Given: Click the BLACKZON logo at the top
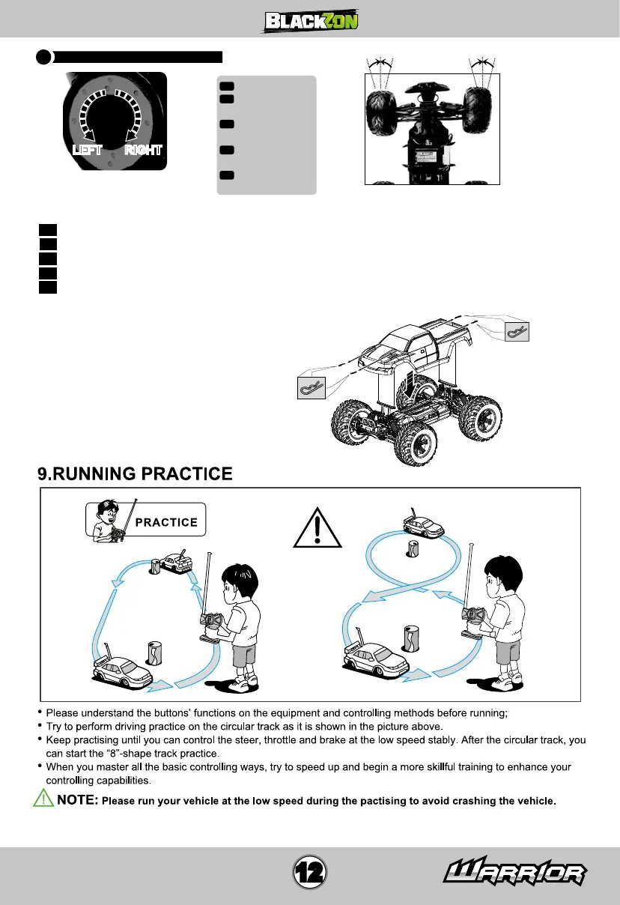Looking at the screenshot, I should click(x=310, y=20).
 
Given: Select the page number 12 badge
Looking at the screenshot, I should click(x=310, y=872).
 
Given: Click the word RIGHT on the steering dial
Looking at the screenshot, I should click(x=144, y=149).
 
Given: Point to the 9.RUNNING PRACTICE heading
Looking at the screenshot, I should click(x=136, y=473).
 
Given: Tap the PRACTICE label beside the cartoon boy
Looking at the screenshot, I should click(x=166, y=522).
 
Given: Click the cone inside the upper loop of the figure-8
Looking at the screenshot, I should click(x=412, y=548).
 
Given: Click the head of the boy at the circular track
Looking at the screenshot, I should click(x=240, y=578).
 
